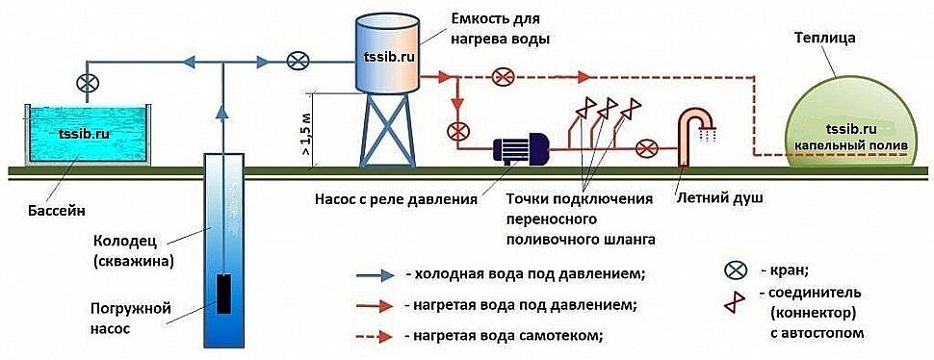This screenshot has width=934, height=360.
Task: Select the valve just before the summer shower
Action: pyautogui.click(x=650, y=149)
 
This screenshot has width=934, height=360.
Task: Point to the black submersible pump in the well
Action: pyautogui.click(x=223, y=294)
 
